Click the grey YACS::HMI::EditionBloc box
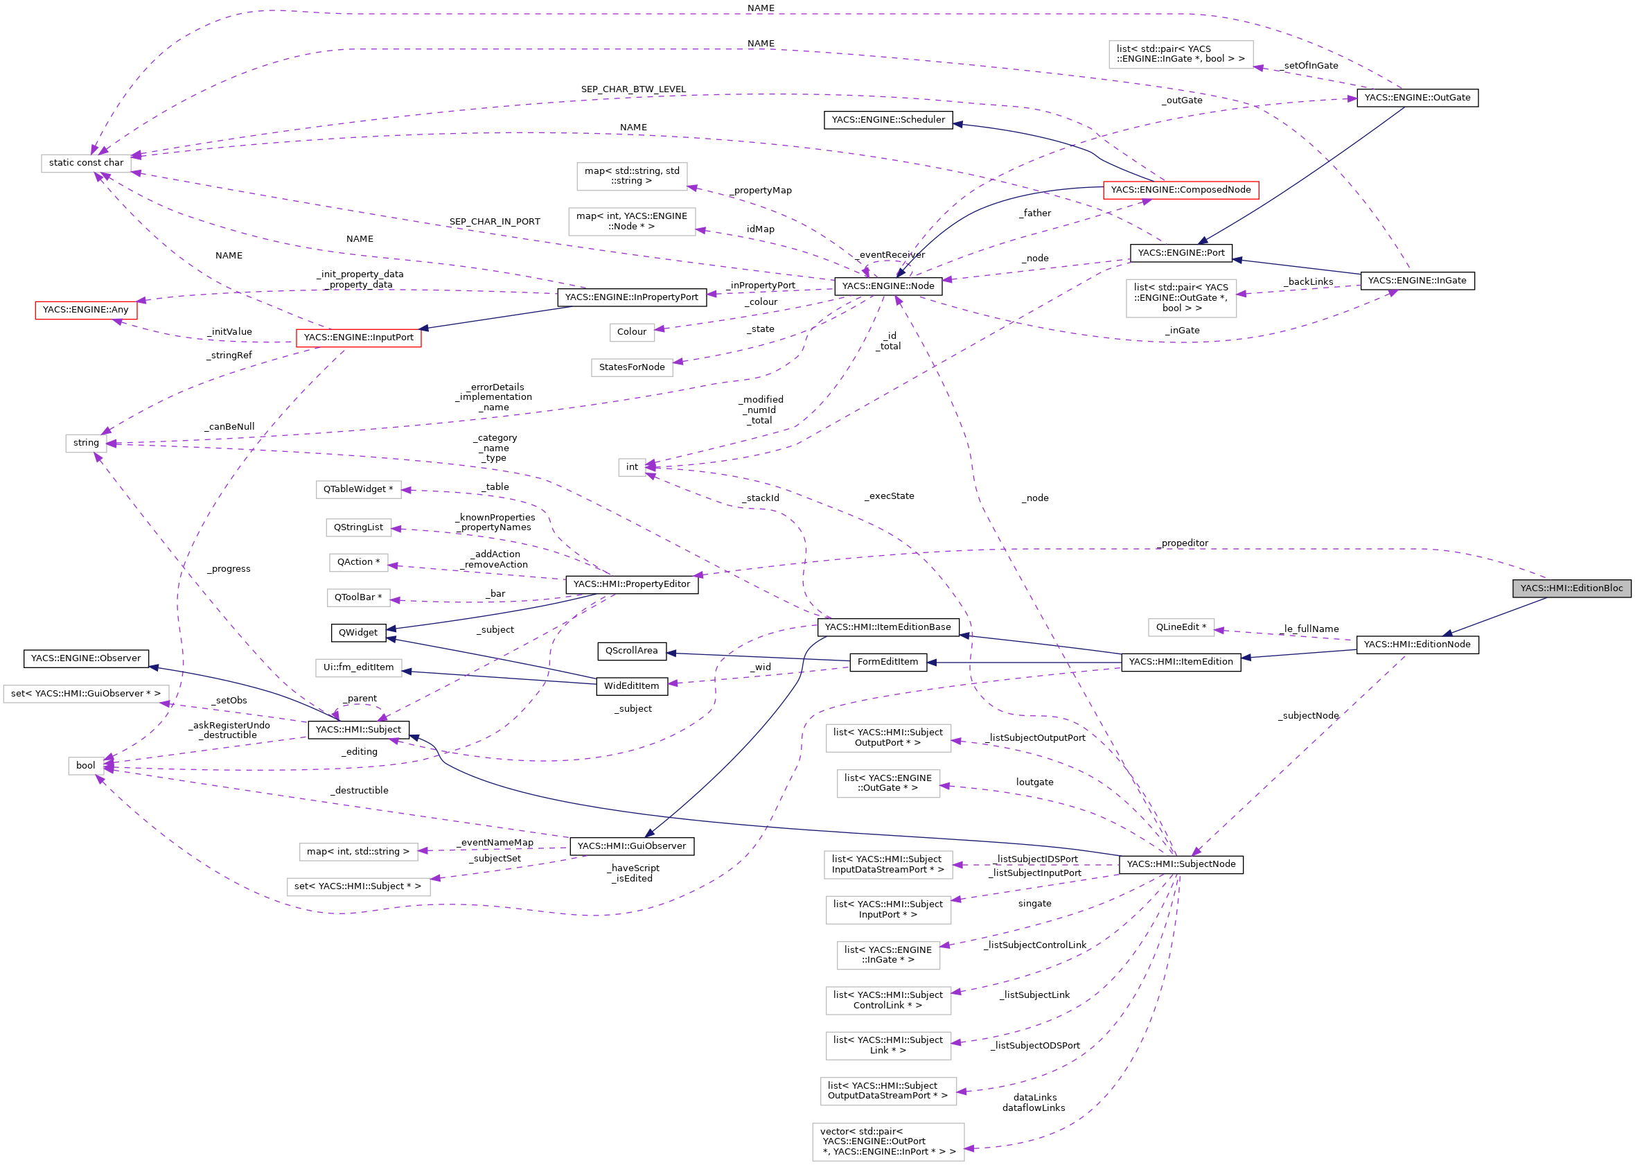(1571, 588)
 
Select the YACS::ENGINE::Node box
(887, 286)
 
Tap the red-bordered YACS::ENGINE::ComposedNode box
(1181, 190)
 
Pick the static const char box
(86, 163)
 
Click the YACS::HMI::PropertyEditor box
(631, 585)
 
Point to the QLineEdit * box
(1181, 627)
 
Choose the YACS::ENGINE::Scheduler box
(887, 120)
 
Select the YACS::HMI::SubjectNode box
(1181, 864)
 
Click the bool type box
(85, 765)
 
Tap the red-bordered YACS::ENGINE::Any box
(85, 310)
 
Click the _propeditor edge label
(1183, 543)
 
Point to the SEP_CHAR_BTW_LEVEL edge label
(633, 89)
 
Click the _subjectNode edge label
(1308, 716)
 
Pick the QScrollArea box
(631, 651)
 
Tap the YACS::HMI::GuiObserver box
(631, 846)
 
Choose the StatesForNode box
(631, 367)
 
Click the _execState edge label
(890, 496)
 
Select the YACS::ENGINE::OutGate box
(1417, 98)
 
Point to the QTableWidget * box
(358, 489)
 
